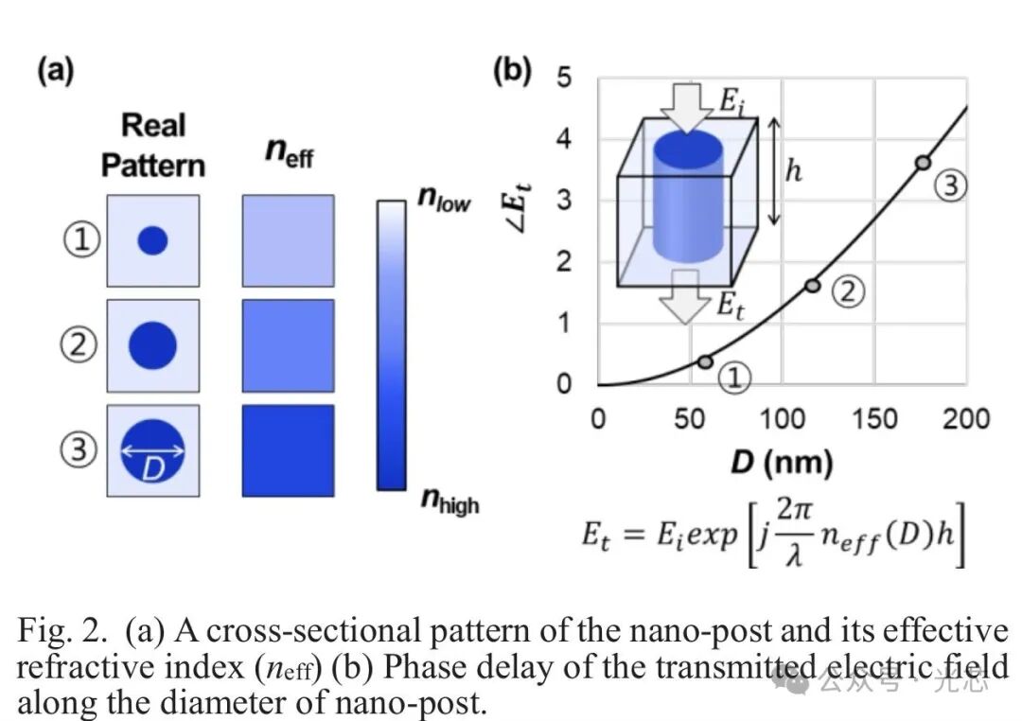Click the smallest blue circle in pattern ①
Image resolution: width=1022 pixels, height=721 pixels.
tap(152, 241)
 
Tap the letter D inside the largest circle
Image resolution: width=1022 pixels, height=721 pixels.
tap(152, 467)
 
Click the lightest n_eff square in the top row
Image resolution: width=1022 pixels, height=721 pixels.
tap(288, 240)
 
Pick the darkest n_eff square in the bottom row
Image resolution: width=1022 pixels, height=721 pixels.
tap(288, 450)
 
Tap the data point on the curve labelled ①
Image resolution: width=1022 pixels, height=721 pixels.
tap(705, 361)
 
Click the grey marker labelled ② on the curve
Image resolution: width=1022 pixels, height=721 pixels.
tap(812, 285)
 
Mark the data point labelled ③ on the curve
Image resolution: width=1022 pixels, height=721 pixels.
tap(923, 162)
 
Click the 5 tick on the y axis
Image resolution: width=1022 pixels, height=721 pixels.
tap(564, 77)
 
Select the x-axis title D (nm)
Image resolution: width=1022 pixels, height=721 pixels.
tap(781, 464)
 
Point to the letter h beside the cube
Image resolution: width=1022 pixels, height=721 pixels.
tap(795, 173)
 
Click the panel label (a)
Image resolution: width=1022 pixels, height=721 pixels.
tap(55, 72)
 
